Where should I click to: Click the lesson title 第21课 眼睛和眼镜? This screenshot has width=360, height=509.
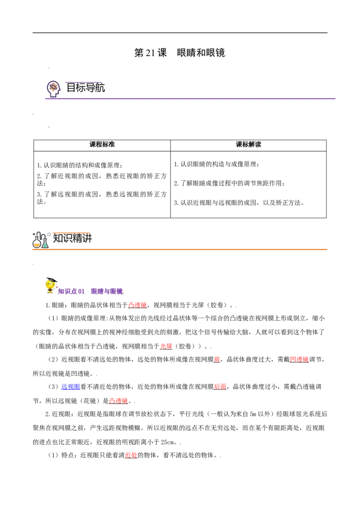(x=180, y=53)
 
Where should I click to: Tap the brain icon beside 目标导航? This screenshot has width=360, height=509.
(x=54, y=89)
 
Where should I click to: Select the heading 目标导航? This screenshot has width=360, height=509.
(x=85, y=88)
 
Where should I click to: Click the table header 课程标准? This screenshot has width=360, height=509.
(x=102, y=144)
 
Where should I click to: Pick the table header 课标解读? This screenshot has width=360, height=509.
(x=248, y=144)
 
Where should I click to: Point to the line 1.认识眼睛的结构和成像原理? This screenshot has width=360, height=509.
(x=80, y=165)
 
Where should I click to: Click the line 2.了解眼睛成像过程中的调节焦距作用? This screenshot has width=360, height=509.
(x=229, y=183)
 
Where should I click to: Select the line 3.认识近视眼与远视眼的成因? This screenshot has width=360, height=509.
(x=239, y=203)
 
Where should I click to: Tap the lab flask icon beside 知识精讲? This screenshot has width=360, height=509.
(x=40, y=240)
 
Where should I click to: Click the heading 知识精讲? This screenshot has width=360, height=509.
(x=72, y=238)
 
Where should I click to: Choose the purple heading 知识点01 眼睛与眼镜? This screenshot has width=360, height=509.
(x=90, y=291)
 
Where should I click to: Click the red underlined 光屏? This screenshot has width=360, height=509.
(x=166, y=346)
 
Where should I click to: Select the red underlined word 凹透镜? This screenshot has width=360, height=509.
(x=299, y=359)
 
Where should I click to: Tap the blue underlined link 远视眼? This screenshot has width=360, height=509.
(x=71, y=387)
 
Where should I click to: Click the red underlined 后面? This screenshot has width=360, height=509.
(x=220, y=387)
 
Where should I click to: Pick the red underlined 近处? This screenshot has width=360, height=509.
(x=131, y=455)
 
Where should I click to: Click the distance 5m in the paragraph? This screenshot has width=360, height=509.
(x=253, y=414)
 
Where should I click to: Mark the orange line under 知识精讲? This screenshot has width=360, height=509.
(x=180, y=249)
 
